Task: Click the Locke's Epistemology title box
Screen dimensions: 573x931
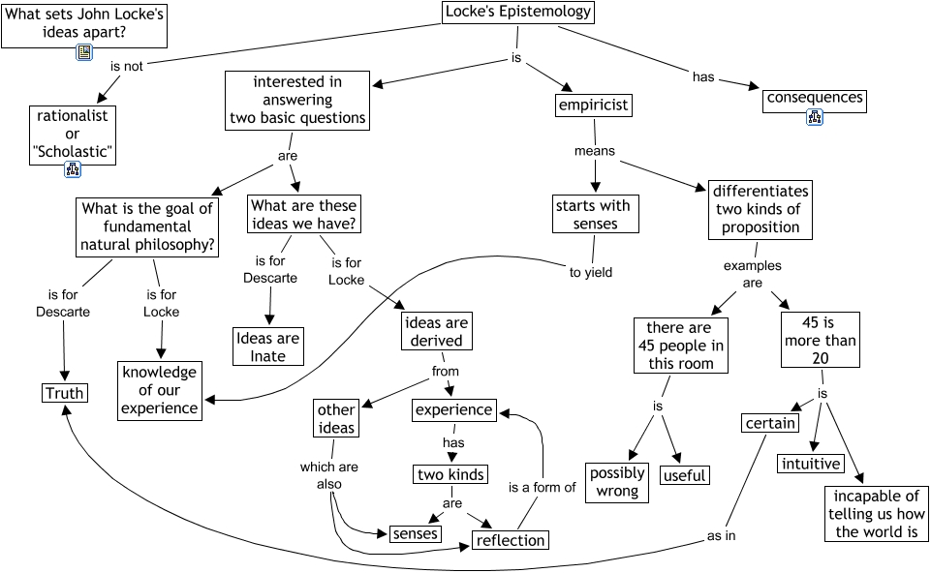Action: click(517, 13)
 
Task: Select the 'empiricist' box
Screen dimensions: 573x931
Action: click(594, 105)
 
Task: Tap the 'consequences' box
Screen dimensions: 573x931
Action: click(814, 99)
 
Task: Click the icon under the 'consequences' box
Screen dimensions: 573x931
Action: click(814, 118)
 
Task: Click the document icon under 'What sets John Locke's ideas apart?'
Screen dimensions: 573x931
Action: click(84, 53)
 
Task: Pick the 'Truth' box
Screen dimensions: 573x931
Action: click(65, 393)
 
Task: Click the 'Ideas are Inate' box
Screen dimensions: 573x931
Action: click(268, 347)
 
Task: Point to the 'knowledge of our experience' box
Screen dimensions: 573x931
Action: click(159, 390)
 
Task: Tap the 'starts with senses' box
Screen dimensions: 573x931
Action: click(593, 215)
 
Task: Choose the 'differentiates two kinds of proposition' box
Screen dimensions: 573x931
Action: click(760, 209)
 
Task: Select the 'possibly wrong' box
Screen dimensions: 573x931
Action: click(617, 481)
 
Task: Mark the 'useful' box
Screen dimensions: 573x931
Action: click(684, 475)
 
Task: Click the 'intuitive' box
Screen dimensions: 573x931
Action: click(810, 464)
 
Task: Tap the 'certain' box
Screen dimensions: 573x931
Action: click(771, 423)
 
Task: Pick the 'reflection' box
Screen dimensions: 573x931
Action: click(511, 540)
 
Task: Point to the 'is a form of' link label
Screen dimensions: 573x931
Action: click(543, 487)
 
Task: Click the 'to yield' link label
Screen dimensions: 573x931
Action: click(591, 272)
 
